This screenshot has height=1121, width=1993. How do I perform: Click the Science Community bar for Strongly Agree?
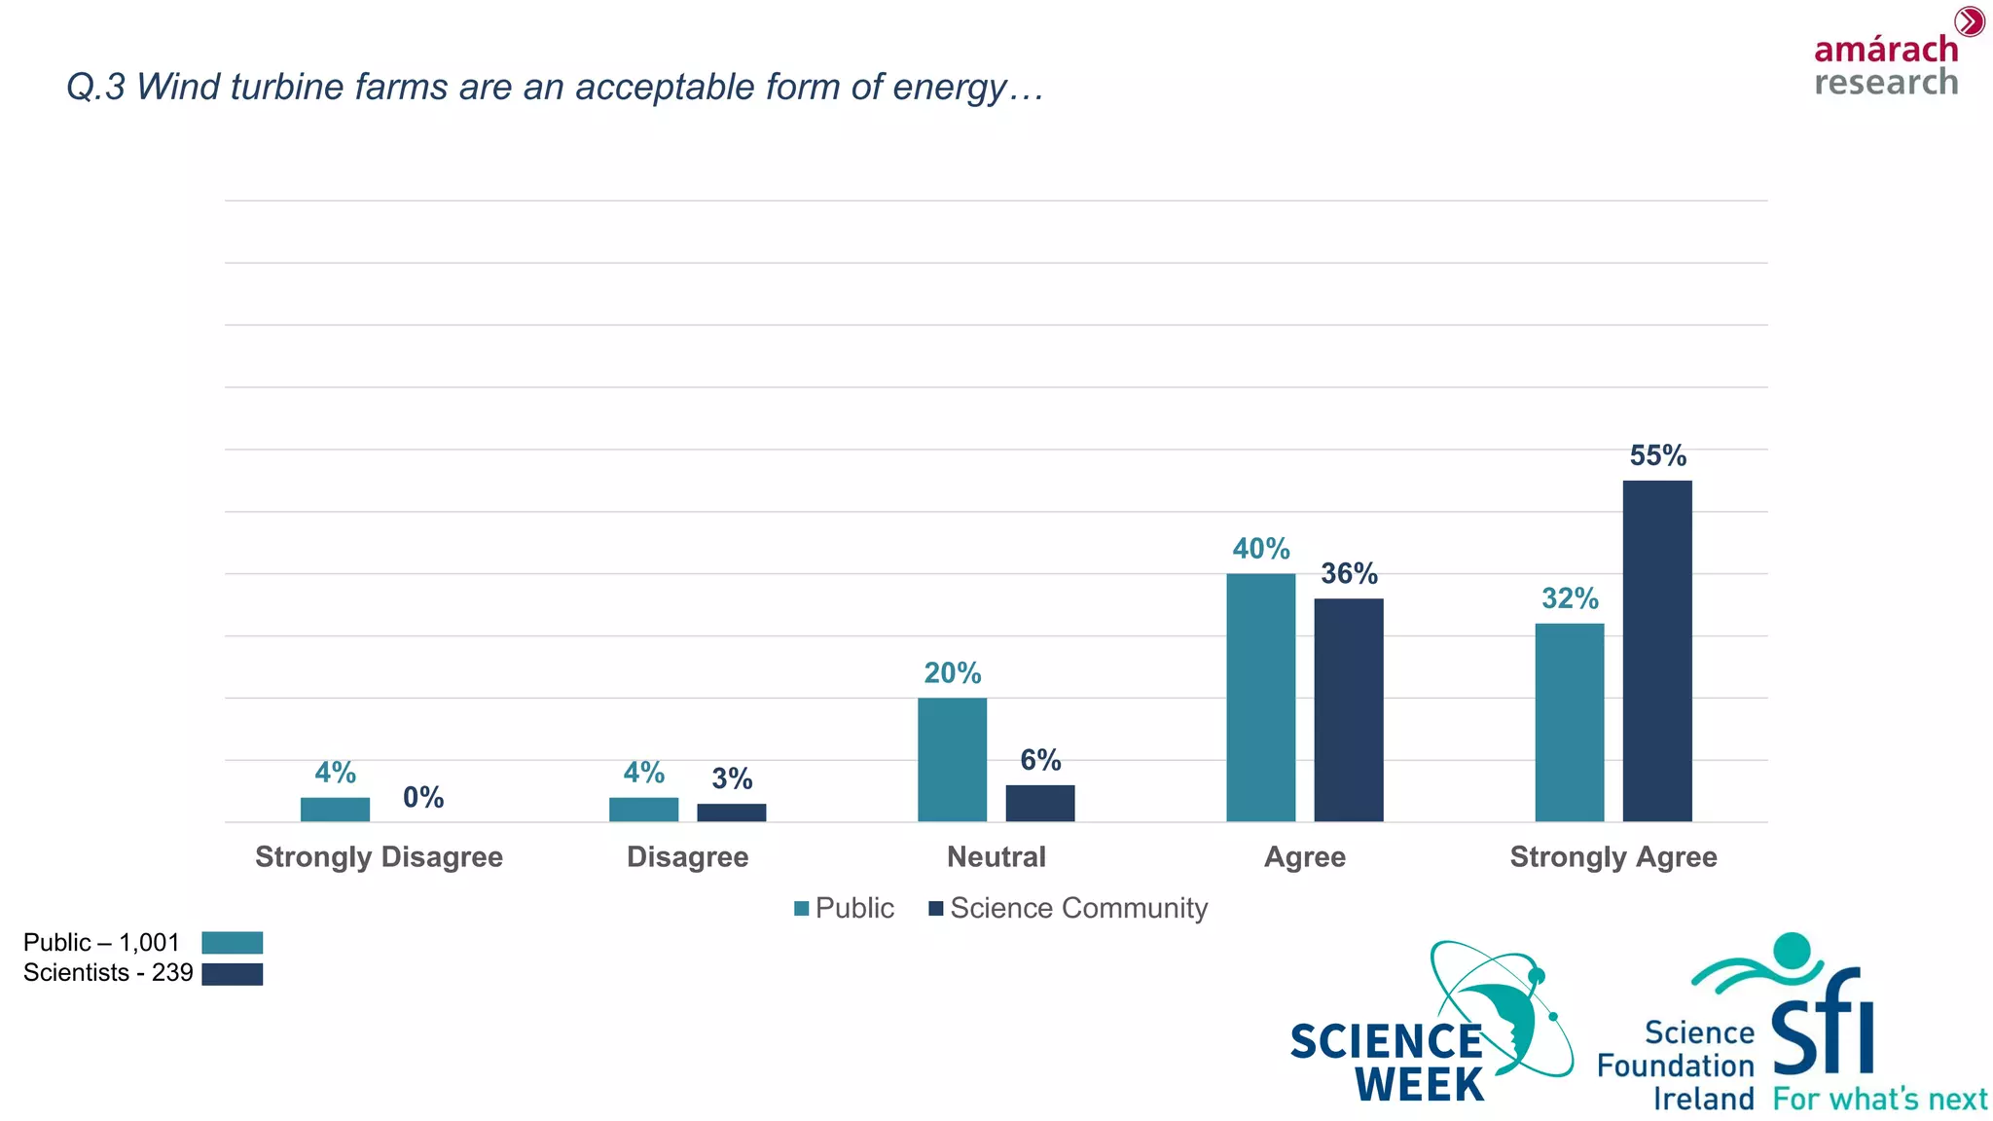tap(1656, 651)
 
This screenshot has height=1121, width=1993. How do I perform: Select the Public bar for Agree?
tap(1260, 698)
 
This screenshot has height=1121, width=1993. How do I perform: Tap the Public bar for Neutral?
tap(952, 760)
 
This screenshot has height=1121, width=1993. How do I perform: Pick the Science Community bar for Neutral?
tap(1039, 804)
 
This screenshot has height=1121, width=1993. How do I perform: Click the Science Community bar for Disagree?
tap(731, 813)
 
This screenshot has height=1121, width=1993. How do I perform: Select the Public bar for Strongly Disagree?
tap(335, 810)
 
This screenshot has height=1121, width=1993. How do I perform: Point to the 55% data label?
tap(1657, 455)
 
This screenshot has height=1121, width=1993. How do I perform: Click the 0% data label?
tap(423, 798)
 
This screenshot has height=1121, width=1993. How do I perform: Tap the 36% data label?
tap(1349, 574)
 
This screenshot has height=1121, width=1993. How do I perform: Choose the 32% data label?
tap(1569, 598)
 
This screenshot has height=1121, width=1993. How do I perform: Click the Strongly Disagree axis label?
tap(379, 857)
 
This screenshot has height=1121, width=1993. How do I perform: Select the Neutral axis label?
tap(996, 857)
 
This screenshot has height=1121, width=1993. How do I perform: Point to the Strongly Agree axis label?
tap(1613, 857)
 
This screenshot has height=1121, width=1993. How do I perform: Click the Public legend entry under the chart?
tap(844, 909)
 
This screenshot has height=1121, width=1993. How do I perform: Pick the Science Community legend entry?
tap(1069, 909)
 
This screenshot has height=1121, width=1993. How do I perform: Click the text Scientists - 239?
tap(108, 973)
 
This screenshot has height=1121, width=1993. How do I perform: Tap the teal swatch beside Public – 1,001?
tap(232, 943)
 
